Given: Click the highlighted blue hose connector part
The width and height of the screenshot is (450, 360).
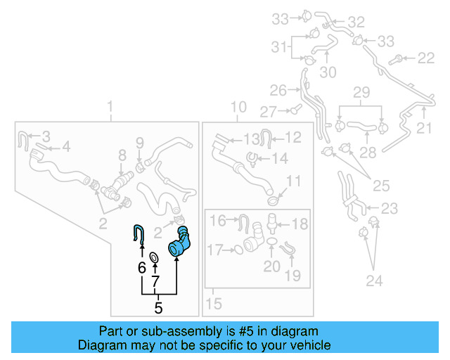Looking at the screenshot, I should [179, 243].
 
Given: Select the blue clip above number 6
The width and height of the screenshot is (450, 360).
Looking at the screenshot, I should [139, 235].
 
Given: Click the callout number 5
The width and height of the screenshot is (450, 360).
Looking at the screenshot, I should [158, 308].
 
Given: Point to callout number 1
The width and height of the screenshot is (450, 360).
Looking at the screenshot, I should [110, 107].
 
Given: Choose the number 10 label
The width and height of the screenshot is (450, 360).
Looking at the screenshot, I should [238, 107].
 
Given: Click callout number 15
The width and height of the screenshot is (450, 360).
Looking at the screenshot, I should [213, 304].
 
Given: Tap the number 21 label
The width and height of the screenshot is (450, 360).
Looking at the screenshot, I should [424, 128].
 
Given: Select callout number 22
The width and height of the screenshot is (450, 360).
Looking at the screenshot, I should [426, 58].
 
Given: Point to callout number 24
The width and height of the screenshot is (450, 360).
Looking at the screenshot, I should [374, 281].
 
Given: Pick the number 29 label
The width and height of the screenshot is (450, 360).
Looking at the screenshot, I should [361, 92].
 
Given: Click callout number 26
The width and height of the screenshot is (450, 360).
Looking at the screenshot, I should [278, 91].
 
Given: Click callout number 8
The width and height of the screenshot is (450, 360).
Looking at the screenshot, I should [122, 155].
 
